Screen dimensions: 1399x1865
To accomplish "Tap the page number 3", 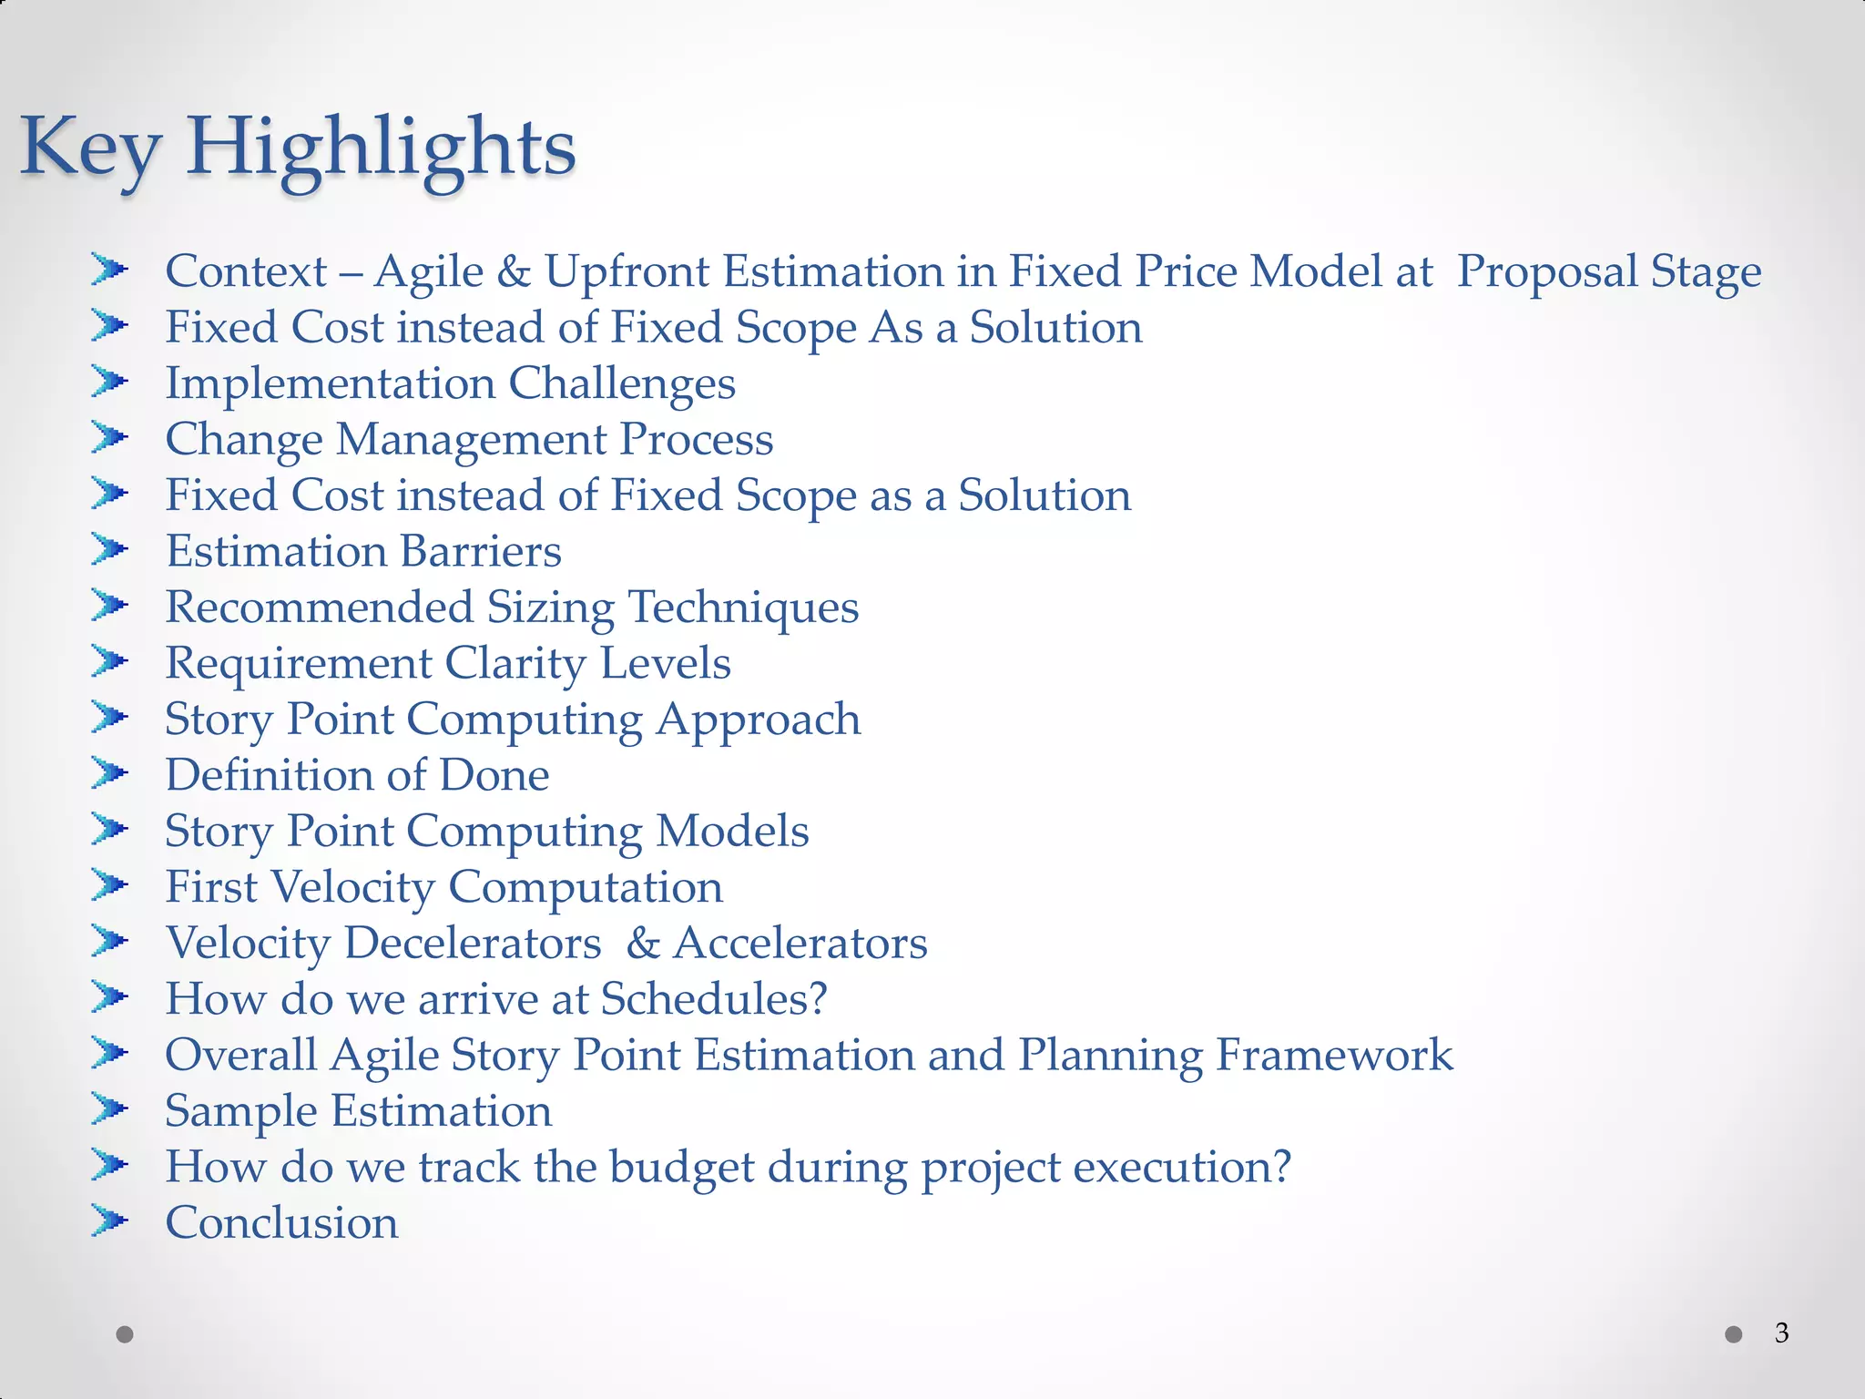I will (1781, 1333).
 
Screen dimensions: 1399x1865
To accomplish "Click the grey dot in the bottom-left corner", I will (126, 1334).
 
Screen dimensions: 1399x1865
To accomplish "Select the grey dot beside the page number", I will (1734, 1334).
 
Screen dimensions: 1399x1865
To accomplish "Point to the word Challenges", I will (622, 384).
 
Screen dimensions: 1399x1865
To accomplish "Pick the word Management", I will (472, 440).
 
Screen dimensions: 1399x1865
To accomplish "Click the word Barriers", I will (480, 552).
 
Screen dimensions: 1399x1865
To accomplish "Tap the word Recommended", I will (319, 608).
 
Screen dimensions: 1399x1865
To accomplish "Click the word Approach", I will (759, 720).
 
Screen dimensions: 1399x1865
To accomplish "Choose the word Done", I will (494, 775).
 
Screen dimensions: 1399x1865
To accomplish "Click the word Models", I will (732, 832).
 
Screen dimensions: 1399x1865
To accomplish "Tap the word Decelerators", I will (473, 943).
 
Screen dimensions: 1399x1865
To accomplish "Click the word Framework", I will (1334, 1055).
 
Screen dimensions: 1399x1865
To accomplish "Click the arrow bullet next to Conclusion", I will (109, 1220).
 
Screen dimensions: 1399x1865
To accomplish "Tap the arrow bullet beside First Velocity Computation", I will (109, 885).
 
